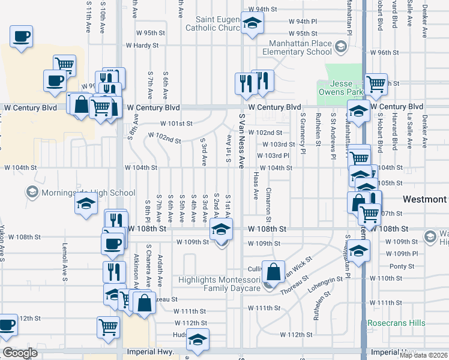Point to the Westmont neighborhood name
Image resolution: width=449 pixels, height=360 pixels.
coord(424,199)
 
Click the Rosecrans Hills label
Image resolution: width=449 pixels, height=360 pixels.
coord(396,323)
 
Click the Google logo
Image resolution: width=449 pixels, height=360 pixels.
coord(20,353)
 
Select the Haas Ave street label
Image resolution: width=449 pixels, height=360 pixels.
coord(256,185)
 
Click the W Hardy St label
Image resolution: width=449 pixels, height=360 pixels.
coord(142,45)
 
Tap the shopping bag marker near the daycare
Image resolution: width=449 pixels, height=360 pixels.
coord(274,272)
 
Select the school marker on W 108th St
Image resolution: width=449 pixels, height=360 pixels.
coord(221,229)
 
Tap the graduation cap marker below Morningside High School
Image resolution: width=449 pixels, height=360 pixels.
coord(86,203)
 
